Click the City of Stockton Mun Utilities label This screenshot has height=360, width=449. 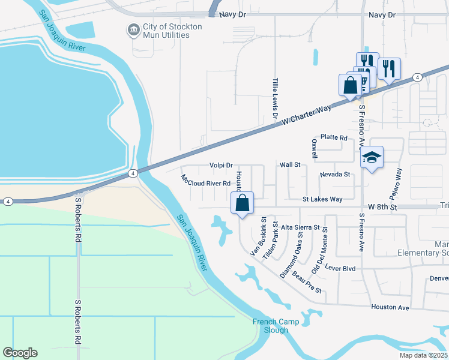[166, 31]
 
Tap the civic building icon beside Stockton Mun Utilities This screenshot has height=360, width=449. [133, 28]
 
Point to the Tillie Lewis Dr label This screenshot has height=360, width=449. [276, 100]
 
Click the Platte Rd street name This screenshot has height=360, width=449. [334, 138]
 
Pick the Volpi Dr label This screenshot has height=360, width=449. [221, 165]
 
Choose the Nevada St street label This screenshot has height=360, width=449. [334, 175]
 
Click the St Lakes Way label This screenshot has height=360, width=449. [322, 199]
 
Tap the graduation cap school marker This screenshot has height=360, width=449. [372, 158]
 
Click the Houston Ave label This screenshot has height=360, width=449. [390, 307]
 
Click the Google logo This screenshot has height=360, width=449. [20, 353]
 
